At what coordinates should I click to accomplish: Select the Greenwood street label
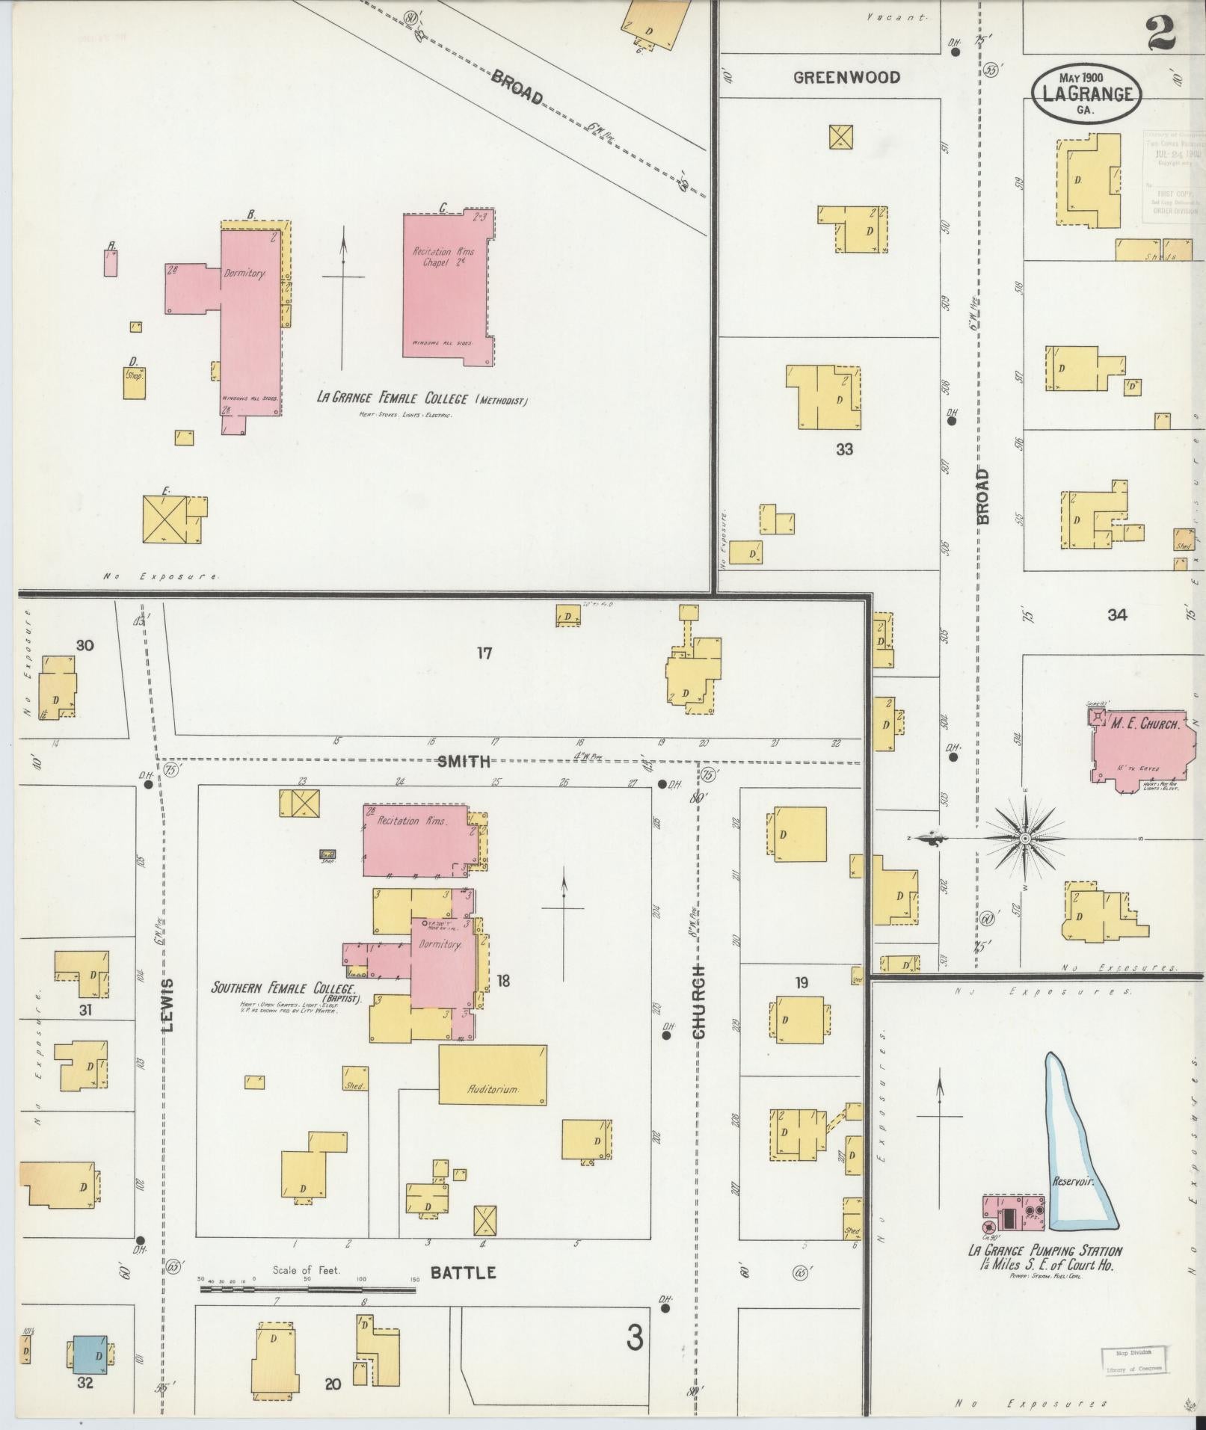[846, 77]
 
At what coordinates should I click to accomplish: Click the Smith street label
[464, 761]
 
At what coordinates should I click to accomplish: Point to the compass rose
[1026, 839]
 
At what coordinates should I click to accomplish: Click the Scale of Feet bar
[307, 1289]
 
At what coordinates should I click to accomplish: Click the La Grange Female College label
[422, 399]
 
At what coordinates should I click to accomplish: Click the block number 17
[484, 653]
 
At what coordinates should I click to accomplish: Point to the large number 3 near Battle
[634, 1337]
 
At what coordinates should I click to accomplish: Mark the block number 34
[1117, 614]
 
